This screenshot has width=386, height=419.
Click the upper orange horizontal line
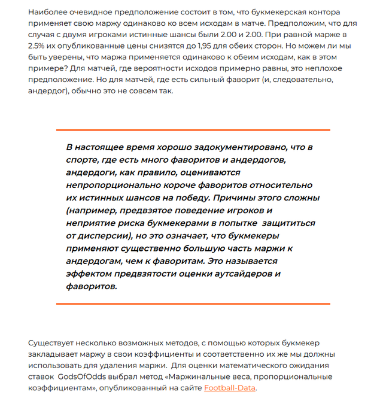pos(193,130)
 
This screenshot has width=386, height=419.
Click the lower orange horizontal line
pos(193,303)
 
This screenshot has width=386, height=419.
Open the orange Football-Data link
pos(229,388)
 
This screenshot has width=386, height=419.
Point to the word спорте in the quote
pos(83,160)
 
